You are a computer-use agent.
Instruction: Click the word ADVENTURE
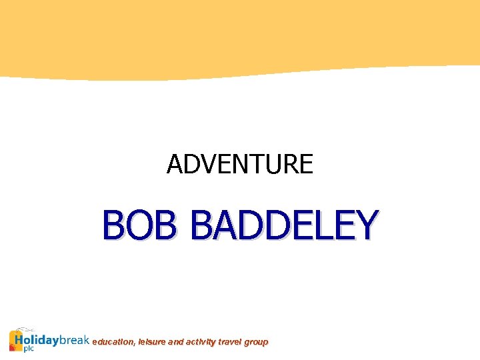pos(239,164)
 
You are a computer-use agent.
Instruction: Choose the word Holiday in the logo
pos(42,340)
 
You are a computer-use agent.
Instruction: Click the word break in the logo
pos(75,340)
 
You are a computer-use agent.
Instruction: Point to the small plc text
pos(29,349)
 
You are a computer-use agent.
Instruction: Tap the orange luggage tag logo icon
pos(17,339)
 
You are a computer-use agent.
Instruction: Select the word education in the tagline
pos(113,342)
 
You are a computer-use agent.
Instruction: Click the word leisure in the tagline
pos(152,342)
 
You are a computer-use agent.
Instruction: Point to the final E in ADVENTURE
pos(306,164)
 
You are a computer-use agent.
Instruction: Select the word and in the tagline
pos(177,342)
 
